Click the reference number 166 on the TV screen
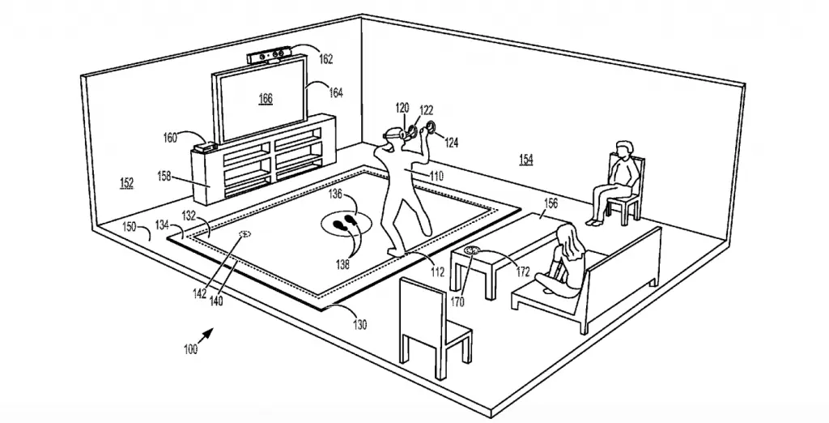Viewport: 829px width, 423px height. point(266,99)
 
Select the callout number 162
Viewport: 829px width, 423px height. point(325,59)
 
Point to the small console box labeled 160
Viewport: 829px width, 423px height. point(205,146)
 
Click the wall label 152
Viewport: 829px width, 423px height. point(126,183)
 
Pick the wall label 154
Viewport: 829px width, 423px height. point(526,160)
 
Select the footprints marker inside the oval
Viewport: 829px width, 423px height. point(344,222)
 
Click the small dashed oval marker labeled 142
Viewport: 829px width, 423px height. point(244,233)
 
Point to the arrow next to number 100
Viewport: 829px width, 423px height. point(206,335)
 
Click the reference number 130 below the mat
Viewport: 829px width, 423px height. point(359,324)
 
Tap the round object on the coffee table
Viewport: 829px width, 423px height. point(472,250)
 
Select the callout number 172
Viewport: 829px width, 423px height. point(522,272)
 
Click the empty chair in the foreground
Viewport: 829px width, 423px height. point(434,327)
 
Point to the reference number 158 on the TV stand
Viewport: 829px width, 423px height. point(164,177)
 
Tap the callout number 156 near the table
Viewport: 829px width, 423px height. point(550,204)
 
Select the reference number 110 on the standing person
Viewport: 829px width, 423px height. point(436,177)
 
